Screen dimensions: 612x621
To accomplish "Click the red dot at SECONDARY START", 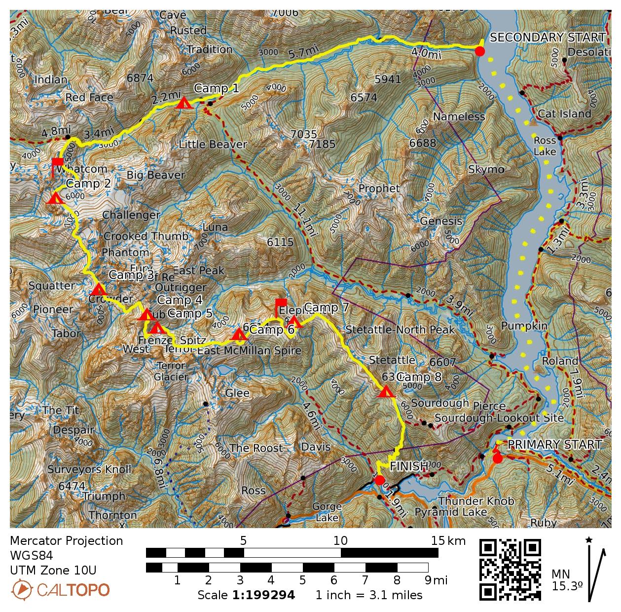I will [479, 50].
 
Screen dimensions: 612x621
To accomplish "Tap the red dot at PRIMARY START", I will [497, 459].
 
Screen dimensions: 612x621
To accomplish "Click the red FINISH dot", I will [379, 480].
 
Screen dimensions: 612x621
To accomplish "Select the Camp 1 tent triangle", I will [184, 104].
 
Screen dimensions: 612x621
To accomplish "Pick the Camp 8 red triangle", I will [386, 393].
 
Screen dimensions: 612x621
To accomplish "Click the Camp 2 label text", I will [88, 184].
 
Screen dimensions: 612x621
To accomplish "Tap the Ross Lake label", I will [545, 146].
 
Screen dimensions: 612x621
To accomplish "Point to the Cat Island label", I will [564, 114].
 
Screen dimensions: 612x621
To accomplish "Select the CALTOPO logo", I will [60, 589].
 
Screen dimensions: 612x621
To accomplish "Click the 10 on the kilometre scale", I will [340, 540].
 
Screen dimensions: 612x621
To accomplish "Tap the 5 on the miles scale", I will [302, 580].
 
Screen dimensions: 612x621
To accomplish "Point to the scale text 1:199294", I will [263, 595].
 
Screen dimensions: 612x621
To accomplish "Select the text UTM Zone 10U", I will [53, 571].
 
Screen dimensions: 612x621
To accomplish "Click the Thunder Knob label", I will [476, 501].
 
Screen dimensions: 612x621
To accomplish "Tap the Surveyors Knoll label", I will [89, 469].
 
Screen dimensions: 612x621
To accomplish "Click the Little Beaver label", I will [213, 144].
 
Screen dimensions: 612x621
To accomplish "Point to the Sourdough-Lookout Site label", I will [499, 418].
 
